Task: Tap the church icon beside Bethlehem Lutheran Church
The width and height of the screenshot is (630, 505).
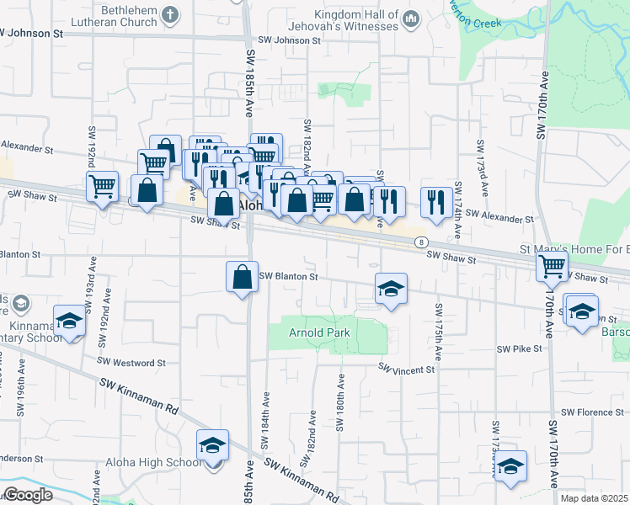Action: (x=170, y=14)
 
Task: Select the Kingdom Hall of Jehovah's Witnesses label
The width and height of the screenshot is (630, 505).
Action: (x=356, y=20)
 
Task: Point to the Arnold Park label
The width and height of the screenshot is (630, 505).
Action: (x=319, y=332)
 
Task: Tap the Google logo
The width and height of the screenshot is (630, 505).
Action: (x=28, y=495)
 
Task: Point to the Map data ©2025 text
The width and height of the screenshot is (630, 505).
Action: (x=594, y=498)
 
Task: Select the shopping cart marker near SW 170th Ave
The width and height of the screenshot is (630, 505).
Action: (x=553, y=268)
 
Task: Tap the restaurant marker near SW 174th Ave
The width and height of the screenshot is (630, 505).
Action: (x=435, y=202)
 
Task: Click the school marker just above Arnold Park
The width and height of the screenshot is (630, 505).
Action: (x=390, y=290)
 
